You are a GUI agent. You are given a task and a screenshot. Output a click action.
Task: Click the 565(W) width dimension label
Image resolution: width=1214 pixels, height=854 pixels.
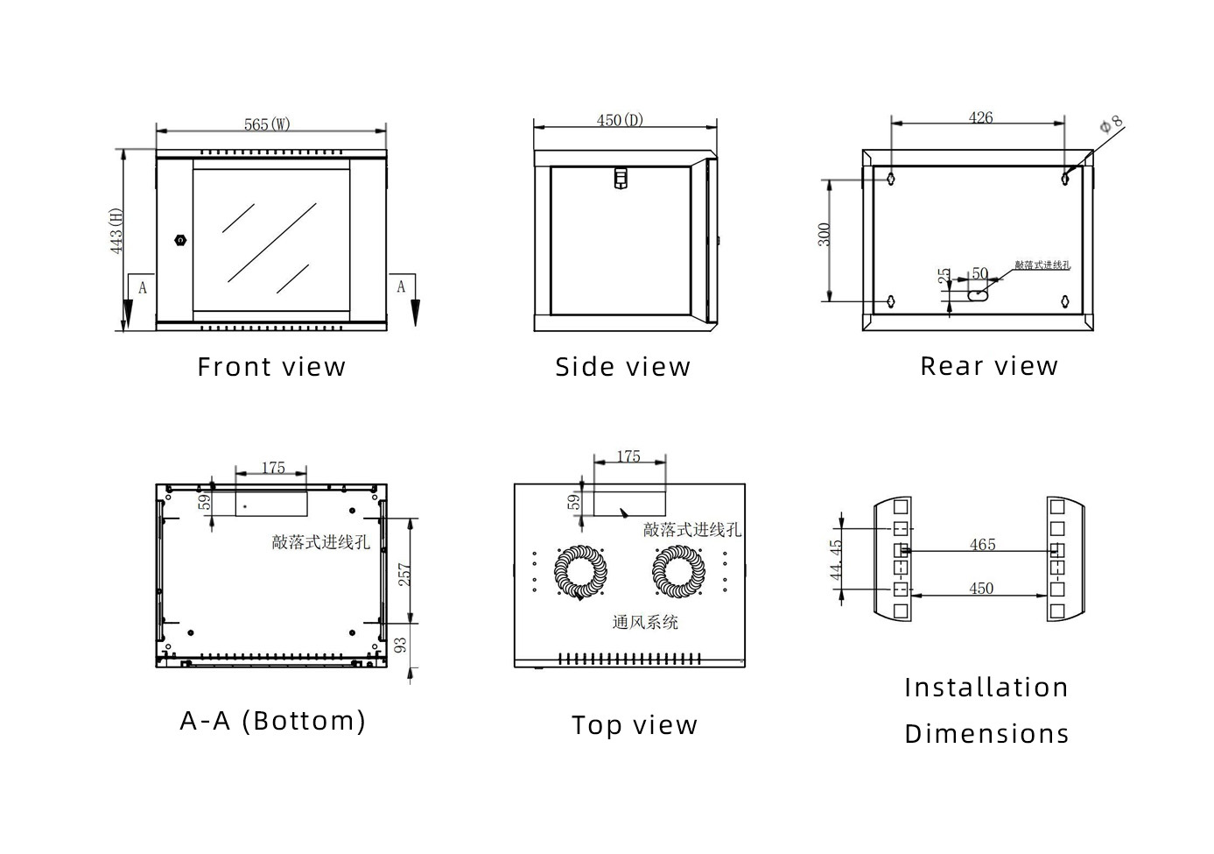click(267, 124)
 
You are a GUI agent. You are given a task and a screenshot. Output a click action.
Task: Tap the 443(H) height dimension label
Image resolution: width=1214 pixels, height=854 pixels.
click(116, 231)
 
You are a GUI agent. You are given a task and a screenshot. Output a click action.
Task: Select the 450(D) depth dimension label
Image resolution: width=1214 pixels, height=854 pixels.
click(620, 120)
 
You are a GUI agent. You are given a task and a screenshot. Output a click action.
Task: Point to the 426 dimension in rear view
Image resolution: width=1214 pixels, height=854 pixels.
click(980, 117)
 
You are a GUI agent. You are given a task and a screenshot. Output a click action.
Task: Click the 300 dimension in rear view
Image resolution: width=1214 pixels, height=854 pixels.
click(825, 235)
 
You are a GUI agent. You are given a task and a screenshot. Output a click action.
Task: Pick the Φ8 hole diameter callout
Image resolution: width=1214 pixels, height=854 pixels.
click(1111, 125)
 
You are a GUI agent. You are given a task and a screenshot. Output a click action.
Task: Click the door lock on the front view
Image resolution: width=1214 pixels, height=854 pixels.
click(181, 240)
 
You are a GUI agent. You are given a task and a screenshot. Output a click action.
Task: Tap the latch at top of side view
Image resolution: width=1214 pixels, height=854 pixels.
click(621, 178)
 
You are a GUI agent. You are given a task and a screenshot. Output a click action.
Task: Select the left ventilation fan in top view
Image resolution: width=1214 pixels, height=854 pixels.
click(580, 572)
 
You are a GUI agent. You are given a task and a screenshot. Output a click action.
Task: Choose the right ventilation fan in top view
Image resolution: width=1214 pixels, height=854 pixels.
click(678, 572)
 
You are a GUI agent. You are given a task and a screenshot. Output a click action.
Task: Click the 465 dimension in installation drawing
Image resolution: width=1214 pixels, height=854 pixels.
click(982, 545)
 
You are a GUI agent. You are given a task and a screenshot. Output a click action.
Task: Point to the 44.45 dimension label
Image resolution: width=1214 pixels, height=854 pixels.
click(836, 560)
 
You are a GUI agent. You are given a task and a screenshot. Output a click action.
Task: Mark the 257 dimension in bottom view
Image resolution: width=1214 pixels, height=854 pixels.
click(404, 575)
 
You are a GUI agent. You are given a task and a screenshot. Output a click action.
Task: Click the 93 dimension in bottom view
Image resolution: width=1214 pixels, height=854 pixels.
click(401, 646)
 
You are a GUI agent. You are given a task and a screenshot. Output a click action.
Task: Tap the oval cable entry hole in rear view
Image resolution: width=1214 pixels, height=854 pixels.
click(977, 296)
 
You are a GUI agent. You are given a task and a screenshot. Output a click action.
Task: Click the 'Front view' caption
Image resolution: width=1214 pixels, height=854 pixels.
click(271, 367)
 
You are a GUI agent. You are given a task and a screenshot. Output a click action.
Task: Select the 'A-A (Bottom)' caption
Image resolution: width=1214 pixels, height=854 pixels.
click(273, 721)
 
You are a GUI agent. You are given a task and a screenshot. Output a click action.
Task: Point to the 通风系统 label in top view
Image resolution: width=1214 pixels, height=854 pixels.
click(645, 622)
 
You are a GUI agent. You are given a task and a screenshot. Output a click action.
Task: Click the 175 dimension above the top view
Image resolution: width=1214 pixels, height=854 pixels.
click(628, 456)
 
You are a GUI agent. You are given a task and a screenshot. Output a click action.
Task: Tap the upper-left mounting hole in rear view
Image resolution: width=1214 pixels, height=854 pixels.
click(891, 179)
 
